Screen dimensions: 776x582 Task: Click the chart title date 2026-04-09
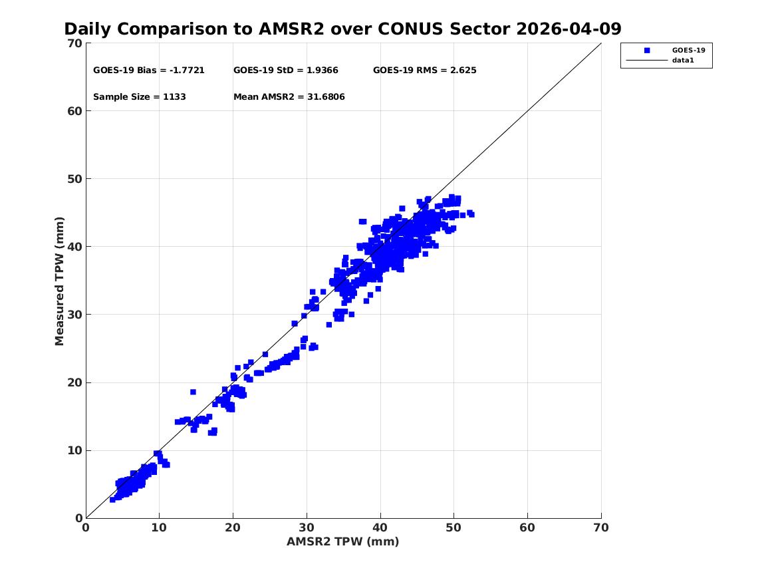coord(569,29)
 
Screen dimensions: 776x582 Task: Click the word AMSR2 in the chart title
coord(291,29)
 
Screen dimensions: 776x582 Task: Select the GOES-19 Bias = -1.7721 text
coord(149,71)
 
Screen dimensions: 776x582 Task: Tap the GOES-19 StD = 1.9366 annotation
coord(286,71)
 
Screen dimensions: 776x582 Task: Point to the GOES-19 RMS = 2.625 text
coord(425,71)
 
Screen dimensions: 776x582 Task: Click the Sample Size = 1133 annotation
coord(140,97)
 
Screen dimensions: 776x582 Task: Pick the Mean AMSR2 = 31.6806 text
coord(289,97)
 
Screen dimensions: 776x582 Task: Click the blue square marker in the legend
coord(647,50)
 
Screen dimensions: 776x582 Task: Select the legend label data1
coord(683,61)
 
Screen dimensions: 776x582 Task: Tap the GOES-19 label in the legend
coord(688,50)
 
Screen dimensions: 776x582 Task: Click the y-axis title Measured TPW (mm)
coord(59,281)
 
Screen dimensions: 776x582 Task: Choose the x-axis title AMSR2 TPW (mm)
coord(343,542)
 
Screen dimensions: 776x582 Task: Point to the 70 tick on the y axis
coord(75,43)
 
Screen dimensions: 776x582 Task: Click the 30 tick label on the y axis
coord(75,315)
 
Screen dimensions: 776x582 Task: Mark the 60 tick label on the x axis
coord(527,528)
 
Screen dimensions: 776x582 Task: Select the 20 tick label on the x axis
coord(233,528)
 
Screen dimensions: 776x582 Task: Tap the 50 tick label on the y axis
coord(75,179)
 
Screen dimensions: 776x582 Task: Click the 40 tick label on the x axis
coord(380,528)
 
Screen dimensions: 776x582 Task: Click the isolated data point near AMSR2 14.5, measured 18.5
coord(193,392)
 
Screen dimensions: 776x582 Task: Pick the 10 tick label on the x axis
coord(159,528)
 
